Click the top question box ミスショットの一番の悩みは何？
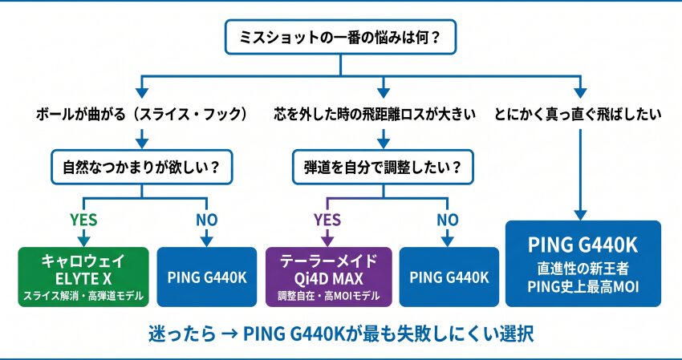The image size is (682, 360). tap(340, 37)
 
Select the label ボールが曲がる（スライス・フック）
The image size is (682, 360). tap(142, 115)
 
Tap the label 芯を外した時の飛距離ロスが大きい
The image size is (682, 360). tap(375, 115)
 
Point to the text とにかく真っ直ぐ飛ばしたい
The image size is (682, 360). tap(578, 115)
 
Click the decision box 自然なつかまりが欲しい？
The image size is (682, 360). tap(142, 168)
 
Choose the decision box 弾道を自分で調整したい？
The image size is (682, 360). tap(383, 168)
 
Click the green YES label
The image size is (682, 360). tap(83, 220)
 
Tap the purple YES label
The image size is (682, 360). tap(327, 220)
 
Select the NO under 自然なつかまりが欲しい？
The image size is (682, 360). tap(206, 220)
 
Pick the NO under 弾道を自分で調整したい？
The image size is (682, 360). tap(448, 220)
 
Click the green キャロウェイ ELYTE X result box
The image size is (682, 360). tap(83, 277)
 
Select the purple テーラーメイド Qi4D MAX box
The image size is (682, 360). tap(328, 277)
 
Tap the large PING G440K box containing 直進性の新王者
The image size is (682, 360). tap(583, 264)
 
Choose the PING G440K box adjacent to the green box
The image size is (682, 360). tap(206, 277)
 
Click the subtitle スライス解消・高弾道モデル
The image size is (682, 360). tap(83, 297)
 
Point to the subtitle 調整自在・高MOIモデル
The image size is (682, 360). tap(328, 297)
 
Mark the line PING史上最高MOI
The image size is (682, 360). tap(583, 287)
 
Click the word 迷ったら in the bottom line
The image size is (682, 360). tap(182, 334)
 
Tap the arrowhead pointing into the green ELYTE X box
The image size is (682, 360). tap(83, 241)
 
